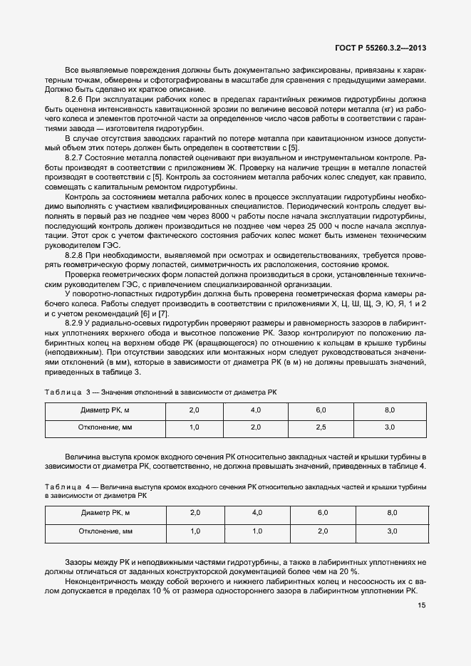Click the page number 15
pyautogui.click(x=421, y=606)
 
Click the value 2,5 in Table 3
pyautogui.click(x=321, y=427)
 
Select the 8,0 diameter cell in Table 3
pyautogui.click(x=390, y=410)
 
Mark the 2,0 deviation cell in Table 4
pyautogui.click(x=321, y=531)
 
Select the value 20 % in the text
pyautogui.click(x=348, y=572)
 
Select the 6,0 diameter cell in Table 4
pyautogui.click(x=321, y=514)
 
